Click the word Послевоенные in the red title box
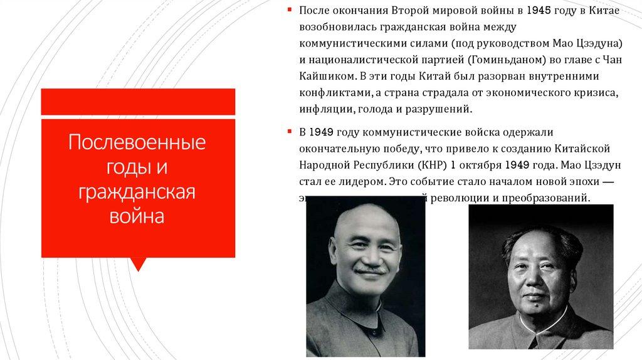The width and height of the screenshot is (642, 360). (x=138, y=142)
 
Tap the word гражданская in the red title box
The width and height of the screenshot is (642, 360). (x=138, y=193)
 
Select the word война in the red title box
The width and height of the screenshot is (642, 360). (x=138, y=217)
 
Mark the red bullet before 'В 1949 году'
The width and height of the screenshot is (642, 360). (x=290, y=132)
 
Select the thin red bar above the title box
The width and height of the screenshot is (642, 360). (x=138, y=102)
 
